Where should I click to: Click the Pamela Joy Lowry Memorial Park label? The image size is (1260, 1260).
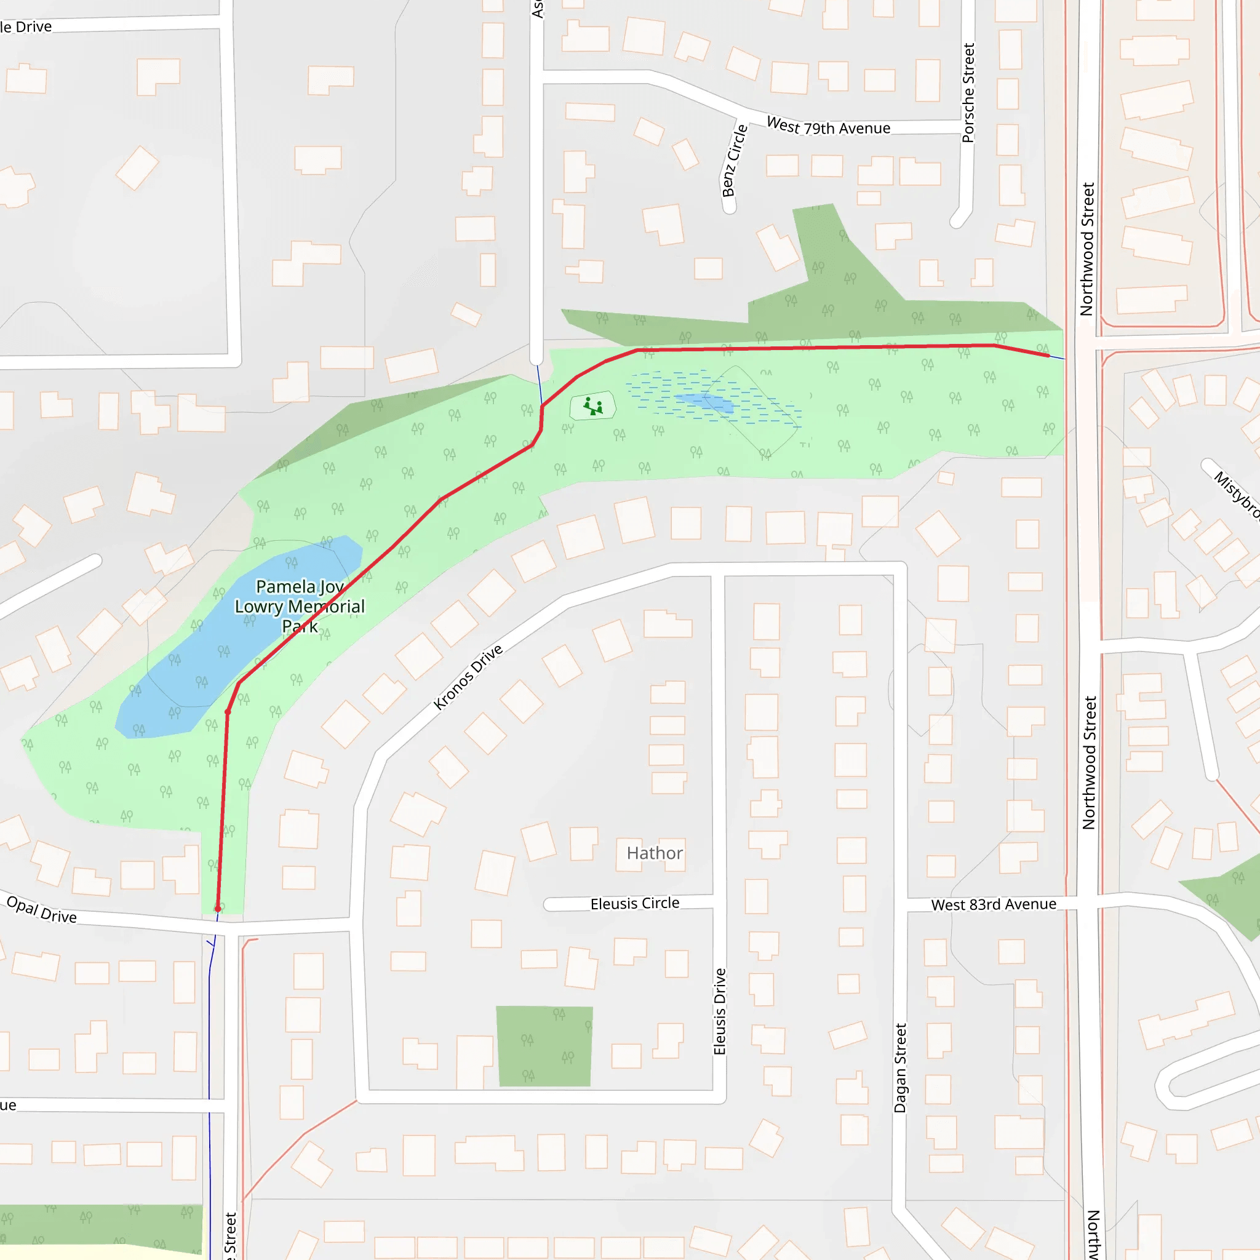coord(300,607)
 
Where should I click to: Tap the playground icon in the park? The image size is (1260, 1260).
coord(593,406)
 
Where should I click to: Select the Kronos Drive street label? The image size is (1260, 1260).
coord(468,677)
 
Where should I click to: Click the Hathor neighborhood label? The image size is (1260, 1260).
coord(654,853)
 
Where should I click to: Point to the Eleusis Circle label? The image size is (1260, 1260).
coord(634,903)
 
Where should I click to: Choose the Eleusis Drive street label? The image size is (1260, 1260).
coord(719,1011)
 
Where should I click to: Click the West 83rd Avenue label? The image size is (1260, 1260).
coord(993,904)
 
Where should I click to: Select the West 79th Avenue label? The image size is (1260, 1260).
coord(828,126)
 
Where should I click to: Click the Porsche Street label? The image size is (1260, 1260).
coord(968,93)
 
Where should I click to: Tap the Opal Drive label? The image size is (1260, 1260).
coord(42,910)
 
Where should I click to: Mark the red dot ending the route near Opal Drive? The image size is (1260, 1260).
coord(218,909)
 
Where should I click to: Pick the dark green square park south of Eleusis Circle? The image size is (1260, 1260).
coord(544,1046)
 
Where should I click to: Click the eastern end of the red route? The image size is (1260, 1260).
coord(1048,356)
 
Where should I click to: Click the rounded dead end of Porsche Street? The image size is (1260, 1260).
coord(958,221)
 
